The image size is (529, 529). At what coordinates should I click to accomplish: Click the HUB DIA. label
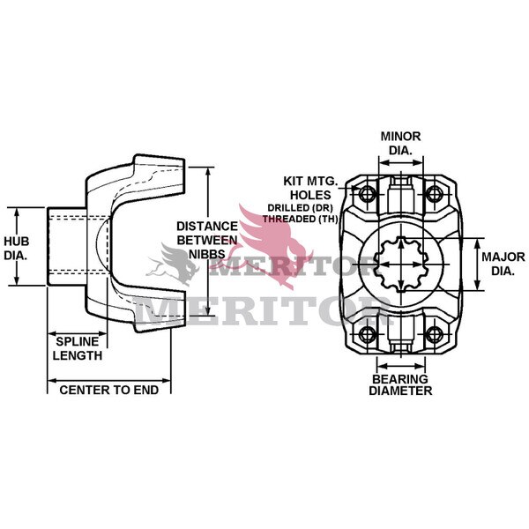(x=17, y=247)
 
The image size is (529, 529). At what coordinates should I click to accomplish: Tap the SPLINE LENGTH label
(x=78, y=348)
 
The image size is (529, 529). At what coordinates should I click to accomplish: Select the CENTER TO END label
(x=108, y=388)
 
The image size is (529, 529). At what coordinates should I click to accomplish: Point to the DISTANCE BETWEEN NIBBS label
(x=207, y=239)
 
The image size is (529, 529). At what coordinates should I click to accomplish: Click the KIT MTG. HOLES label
(x=308, y=188)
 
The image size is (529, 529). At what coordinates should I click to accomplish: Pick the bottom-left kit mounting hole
(x=367, y=334)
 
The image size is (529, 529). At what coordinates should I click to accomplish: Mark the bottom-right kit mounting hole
(x=433, y=334)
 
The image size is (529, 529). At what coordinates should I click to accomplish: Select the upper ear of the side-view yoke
(x=159, y=172)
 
